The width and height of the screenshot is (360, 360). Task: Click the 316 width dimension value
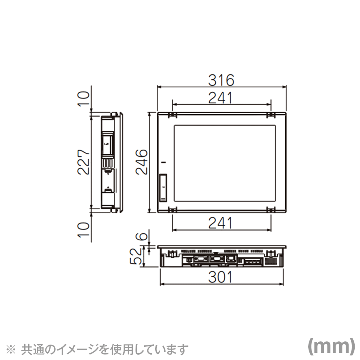222,80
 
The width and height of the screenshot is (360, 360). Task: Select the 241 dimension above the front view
221,98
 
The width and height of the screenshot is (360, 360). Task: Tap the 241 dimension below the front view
221,223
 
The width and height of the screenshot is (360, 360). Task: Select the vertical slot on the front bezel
163,187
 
